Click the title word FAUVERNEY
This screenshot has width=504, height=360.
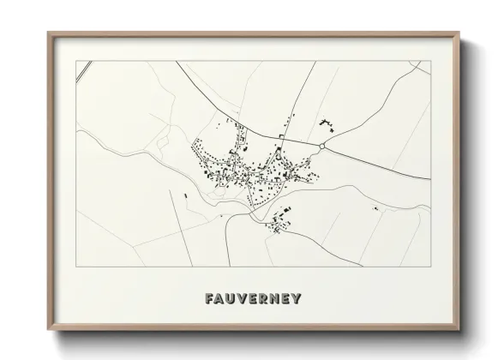253,299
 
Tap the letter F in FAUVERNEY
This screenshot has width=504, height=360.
210,299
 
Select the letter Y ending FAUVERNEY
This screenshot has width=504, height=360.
297,299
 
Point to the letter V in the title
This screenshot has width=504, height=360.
243,299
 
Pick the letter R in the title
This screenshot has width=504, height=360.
264,299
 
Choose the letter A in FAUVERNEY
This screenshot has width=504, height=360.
220,299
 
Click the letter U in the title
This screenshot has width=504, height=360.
231,299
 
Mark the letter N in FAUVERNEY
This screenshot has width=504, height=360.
275,299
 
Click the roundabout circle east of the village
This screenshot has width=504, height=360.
321,147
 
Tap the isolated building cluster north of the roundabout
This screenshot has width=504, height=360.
326,123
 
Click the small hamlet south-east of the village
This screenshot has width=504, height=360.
279,224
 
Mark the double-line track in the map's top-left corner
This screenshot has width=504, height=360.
83,72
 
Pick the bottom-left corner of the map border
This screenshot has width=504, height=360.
77,267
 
